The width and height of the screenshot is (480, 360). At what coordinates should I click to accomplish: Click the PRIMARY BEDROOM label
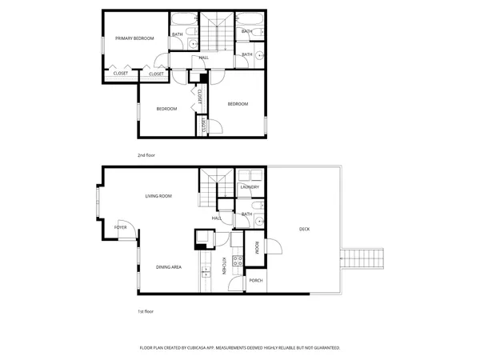point(134,38)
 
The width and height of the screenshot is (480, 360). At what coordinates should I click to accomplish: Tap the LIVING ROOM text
point(158,196)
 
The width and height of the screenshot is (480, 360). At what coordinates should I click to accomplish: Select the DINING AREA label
point(167,266)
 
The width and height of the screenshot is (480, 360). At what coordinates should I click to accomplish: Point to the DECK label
point(304,230)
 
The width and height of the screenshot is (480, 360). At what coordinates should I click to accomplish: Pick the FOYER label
point(120,228)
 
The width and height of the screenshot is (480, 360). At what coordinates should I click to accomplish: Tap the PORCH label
point(256,280)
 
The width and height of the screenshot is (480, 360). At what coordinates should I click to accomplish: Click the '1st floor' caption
point(145,310)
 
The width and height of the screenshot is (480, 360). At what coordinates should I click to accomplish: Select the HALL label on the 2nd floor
point(204,58)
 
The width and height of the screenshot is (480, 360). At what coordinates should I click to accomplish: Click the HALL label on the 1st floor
point(216,218)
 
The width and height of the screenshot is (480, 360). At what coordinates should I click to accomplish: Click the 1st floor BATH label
point(247,214)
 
